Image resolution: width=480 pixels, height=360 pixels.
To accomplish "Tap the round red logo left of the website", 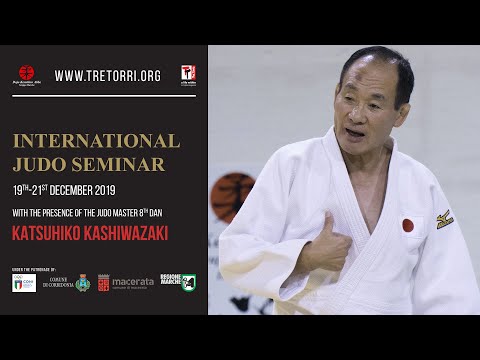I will [26, 75].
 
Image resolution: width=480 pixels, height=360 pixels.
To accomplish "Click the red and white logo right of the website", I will [187, 75].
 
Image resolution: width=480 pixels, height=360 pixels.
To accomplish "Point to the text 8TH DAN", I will [177, 210].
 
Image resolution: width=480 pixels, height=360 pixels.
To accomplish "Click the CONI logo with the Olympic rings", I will [24, 283].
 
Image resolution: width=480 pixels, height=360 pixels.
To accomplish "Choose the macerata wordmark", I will [133, 283].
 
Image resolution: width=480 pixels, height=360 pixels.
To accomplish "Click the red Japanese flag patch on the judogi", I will [408, 225].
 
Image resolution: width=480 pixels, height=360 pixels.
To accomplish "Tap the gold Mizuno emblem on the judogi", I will [444, 217].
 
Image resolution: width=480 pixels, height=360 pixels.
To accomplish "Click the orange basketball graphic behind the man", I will [231, 196].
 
